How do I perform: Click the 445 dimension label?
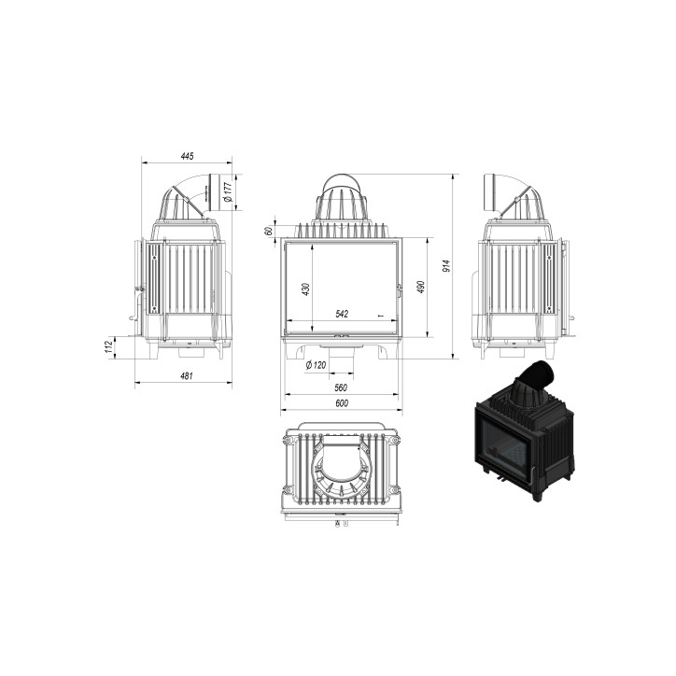click(x=187, y=156)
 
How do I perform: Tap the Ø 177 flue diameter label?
click(x=228, y=191)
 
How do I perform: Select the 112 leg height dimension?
click(x=108, y=347)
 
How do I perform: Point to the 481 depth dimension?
click(x=186, y=376)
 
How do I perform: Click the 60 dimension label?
click(x=269, y=231)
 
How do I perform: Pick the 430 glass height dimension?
click(x=305, y=289)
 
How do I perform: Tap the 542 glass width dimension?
click(x=342, y=314)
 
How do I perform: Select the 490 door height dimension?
click(x=421, y=288)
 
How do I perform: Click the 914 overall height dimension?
click(x=446, y=266)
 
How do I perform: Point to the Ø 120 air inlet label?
click(x=316, y=365)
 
